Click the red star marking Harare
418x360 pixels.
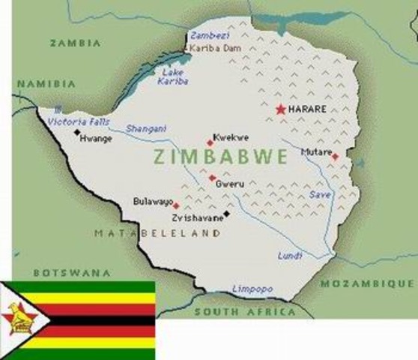281,109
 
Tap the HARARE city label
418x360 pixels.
308,109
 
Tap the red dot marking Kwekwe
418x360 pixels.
210,142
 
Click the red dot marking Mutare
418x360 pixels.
335,157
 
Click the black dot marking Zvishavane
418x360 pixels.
226,213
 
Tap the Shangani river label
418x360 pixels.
146,128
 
